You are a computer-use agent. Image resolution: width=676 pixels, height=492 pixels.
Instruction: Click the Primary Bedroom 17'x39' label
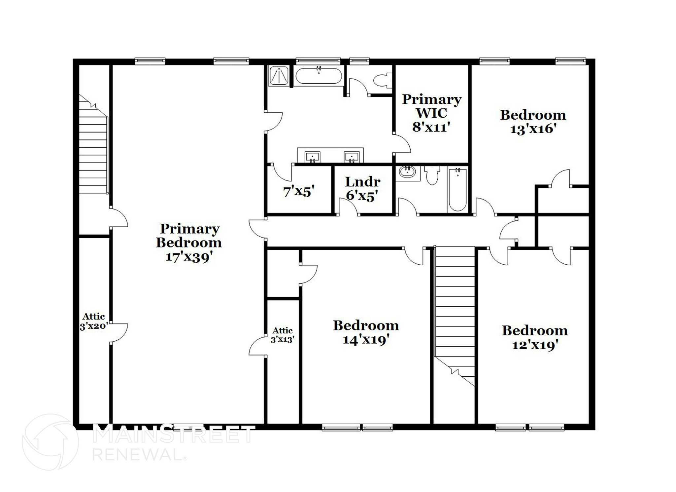189,243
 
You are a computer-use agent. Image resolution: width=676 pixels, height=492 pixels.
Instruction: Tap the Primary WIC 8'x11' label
431,113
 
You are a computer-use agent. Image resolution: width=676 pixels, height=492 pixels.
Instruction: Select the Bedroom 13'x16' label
533,122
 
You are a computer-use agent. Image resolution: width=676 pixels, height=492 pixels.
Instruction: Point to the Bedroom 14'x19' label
366,332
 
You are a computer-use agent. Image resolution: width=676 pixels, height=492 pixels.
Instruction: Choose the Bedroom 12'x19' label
535,337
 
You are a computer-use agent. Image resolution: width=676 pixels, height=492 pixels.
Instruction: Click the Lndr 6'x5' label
362,189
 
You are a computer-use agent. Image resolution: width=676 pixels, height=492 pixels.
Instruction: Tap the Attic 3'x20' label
94,321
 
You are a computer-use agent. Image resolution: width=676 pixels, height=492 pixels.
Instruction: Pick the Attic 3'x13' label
283,335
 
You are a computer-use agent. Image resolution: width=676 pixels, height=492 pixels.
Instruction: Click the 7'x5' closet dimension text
299,191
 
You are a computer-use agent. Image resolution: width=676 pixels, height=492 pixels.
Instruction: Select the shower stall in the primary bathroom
279,76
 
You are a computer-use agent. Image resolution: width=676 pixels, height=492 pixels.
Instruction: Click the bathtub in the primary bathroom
319,76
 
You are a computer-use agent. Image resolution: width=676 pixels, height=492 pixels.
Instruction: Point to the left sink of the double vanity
312,156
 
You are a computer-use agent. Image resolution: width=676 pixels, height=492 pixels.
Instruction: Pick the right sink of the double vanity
352,156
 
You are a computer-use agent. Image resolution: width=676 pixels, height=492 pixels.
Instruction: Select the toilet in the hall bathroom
432,175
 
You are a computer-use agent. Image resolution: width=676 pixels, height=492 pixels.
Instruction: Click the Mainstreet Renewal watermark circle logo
50,442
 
